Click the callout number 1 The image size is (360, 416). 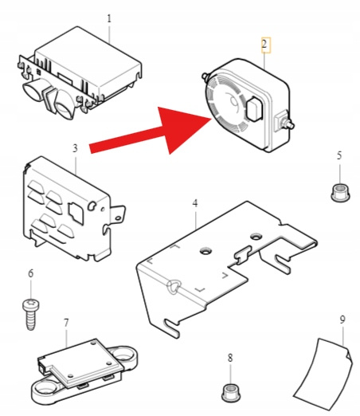tap(109, 18)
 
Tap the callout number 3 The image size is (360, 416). tap(75, 148)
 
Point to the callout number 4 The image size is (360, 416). tap(195, 203)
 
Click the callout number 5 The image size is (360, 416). tap(339, 155)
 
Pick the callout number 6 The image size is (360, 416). tap(31, 273)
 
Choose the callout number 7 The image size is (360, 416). tap(66, 323)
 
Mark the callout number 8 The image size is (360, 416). tap(230, 358)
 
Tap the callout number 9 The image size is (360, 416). tap(342, 320)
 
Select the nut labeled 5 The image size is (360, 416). tap(340, 193)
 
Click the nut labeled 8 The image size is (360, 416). tap(230, 392)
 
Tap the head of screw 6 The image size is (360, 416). tap(30, 304)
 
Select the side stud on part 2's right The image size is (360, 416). tap(289, 124)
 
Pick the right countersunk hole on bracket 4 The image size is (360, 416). tap(256, 236)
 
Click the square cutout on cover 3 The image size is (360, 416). tap(76, 212)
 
